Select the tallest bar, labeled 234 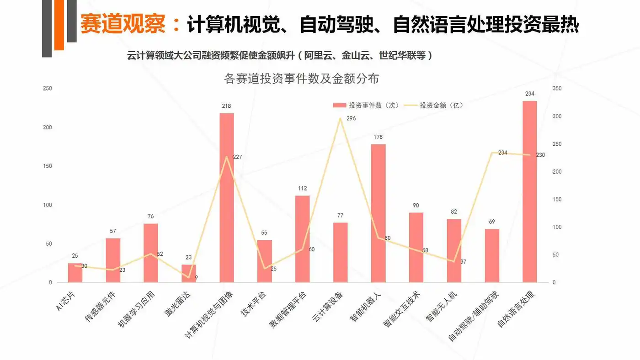(529, 191)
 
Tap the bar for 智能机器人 (378, 213)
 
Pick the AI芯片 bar (75, 273)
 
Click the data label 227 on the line (237, 157)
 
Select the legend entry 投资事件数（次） (366, 105)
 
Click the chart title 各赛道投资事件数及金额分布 (302, 79)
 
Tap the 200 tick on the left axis (48, 127)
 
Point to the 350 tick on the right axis (557, 88)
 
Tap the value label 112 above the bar (302, 188)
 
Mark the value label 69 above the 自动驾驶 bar (492, 222)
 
